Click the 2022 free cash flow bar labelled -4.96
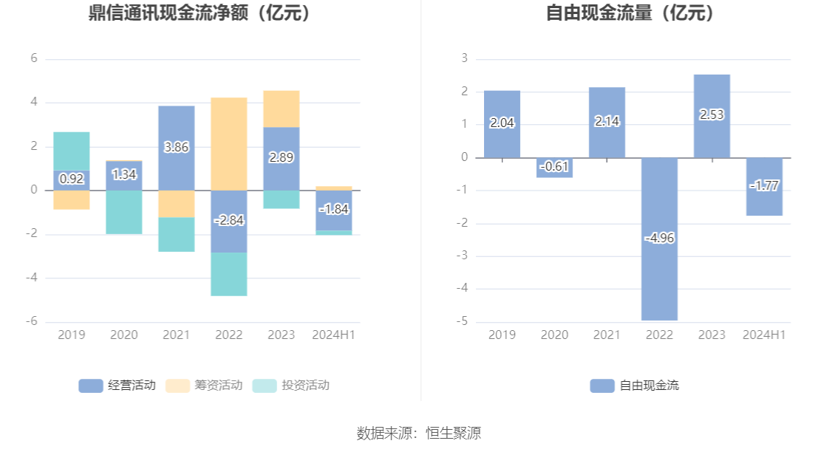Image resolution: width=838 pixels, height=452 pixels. click(x=659, y=239)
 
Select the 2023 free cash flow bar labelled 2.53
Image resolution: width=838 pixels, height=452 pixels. click(x=712, y=116)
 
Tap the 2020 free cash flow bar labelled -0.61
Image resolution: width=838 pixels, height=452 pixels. click(x=554, y=168)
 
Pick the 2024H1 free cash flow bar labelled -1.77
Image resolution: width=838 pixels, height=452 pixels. click(x=764, y=186)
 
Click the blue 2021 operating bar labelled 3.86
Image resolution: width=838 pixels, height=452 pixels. click(x=177, y=148)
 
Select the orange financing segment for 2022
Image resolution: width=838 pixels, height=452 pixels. click(x=229, y=144)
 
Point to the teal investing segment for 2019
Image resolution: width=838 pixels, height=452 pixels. click(x=72, y=151)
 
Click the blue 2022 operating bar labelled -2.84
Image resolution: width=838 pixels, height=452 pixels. click(x=229, y=221)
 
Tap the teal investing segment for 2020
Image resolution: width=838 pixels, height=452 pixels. click(x=124, y=212)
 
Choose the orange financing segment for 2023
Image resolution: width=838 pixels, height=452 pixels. click(x=282, y=109)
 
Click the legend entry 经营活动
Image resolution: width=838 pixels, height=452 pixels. click(x=117, y=386)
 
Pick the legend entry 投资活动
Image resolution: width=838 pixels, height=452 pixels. click(x=291, y=386)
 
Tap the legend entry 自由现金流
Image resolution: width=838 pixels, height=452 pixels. click(x=635, y=386)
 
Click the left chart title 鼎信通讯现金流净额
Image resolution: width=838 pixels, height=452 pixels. click(x=200, y=13)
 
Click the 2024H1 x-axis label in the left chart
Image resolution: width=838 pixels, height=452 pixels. click(x=334, y=335)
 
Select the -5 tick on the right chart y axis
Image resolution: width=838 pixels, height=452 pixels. click(x=463, y=322)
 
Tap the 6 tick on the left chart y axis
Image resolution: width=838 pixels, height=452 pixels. click(x=34, y=58)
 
